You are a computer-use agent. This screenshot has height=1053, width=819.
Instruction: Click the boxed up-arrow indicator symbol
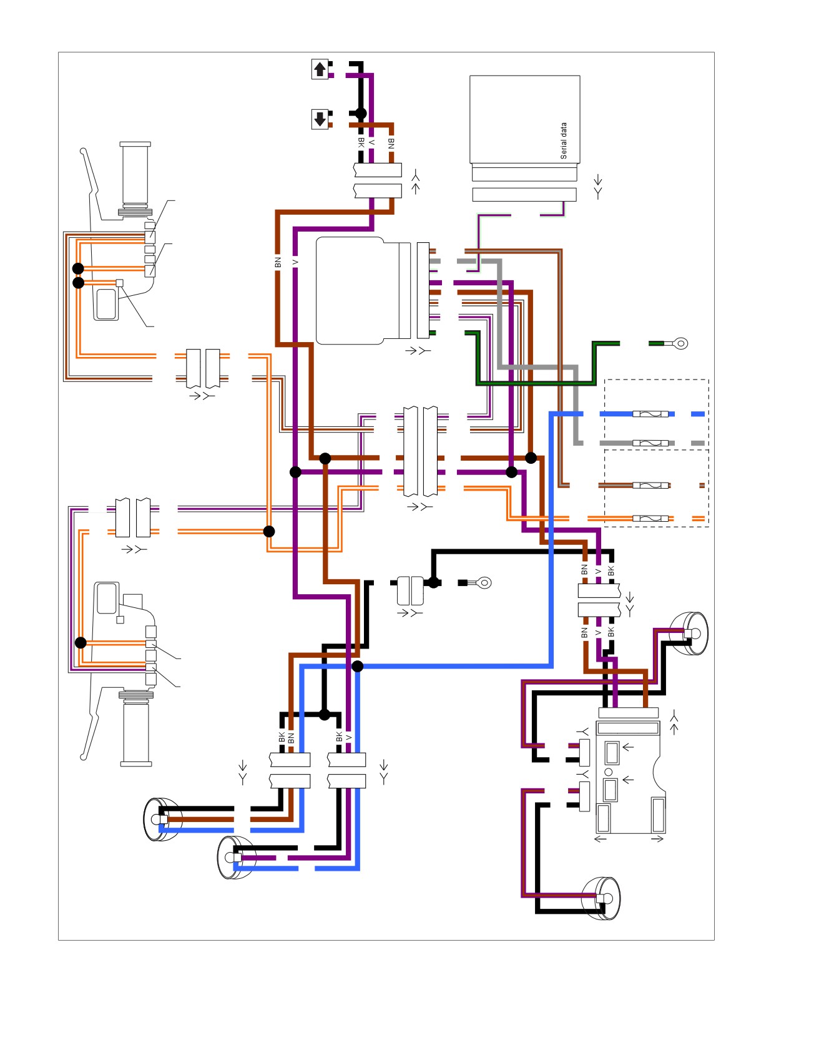pyautogui.click(x=320, y=69)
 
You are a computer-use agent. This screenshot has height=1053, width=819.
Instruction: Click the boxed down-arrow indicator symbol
pyautogui.click(x=320, y=119)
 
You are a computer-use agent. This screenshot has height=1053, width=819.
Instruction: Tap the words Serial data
pyautogui.click(x=564, y=140)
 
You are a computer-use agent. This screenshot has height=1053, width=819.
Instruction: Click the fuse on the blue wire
pyautogui.click(x=650, y=414)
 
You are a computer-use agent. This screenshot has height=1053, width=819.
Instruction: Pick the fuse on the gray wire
pyautogui.click(x=650, y=443)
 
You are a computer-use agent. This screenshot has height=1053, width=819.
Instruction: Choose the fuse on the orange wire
pyautogui.click(x=650, y=518)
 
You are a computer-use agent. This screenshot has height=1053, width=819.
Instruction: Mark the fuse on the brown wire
pyautogui.click(x=650, y=485)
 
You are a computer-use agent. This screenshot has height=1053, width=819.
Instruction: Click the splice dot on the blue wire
pyautogui.click(x=358, y=666)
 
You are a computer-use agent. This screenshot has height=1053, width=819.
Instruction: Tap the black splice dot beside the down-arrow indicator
pyautogui.click(x=361, y=113)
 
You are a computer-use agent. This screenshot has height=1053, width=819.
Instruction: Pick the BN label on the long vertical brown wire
pyautogui.click(x=278, y=262)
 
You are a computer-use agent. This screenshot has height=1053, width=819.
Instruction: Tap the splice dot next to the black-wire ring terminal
pyautogui.click(x=433, y=582)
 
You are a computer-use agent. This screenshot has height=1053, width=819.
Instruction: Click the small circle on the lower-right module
pyautogui.click(x=609, y=772)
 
